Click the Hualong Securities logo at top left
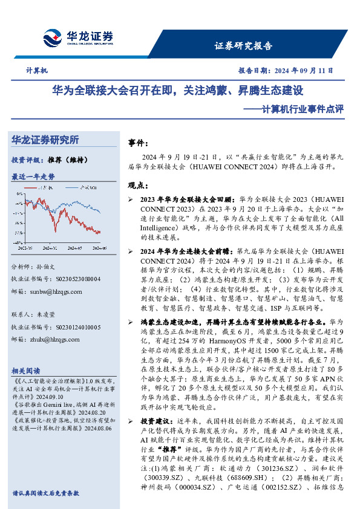(82, 38)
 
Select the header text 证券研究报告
(243, 46)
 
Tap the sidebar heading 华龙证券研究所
(45, 140)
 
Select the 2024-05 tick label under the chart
(76, 247)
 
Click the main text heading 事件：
(139, 143)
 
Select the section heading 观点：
(139, 185)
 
